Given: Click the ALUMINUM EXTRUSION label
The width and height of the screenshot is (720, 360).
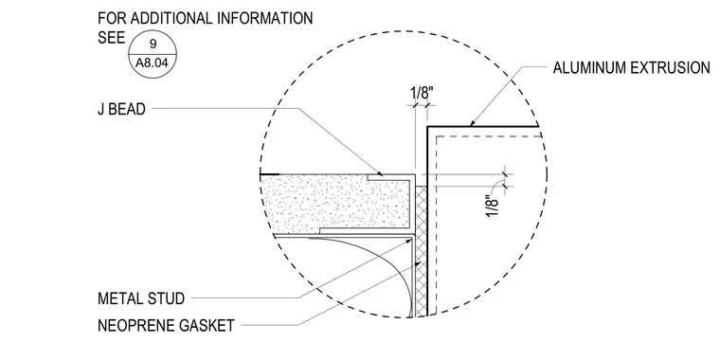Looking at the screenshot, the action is tap(631, 68).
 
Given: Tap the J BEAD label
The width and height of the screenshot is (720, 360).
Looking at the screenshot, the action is tap(121, 109).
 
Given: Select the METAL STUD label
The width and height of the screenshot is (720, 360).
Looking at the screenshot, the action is tap(141, 298).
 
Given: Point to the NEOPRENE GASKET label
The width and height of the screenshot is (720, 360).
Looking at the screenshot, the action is tap(166, 326).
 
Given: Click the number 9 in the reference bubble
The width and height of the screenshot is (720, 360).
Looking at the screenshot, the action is tap(153, 45).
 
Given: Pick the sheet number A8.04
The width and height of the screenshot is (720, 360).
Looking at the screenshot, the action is tap(153, 63).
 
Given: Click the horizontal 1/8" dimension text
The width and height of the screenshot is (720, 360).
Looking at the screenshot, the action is tap(422, 93).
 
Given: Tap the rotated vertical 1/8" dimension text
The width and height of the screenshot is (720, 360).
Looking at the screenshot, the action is tap(492, 207).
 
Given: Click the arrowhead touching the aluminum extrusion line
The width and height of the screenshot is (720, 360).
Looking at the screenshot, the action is tap(471, 123).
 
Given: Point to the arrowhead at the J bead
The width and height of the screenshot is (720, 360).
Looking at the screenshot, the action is tap(379, 173).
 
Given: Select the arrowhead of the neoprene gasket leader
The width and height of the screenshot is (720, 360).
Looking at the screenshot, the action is tap(418, 264).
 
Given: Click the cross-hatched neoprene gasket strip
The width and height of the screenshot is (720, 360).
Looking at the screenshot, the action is tap(421, 251).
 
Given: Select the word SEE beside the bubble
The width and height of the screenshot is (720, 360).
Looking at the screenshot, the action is tap(111, 38).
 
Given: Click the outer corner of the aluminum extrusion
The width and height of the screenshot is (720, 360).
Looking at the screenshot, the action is tap(427, 127).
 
